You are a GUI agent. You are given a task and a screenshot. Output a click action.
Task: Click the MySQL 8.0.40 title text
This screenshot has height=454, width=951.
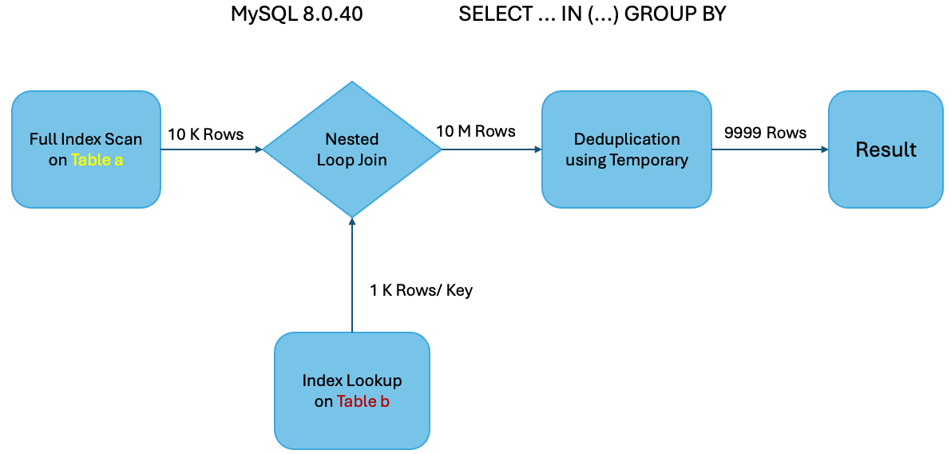pyautogui.click(x=297, y=14)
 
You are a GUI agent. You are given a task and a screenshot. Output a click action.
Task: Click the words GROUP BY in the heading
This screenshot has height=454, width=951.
pyautogui.click(x=675, y=14)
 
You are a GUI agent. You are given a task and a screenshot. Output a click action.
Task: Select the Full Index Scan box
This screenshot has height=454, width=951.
pyautogui.click(x=85, y=149)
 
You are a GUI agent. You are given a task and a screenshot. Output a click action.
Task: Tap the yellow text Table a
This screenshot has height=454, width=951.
pyautogui.click(x=97, y=160)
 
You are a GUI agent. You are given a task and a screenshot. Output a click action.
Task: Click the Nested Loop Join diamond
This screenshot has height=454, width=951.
pyautogui.click(x=351, y=149)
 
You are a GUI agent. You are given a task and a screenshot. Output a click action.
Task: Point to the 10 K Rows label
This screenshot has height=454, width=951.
pyautogui.click(x=205, y=133)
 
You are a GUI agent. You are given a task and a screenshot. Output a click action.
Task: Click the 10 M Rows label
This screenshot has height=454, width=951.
pyautogui.click(x=475, y=131)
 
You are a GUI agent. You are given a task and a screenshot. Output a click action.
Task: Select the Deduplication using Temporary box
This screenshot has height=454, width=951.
pyautogui.click(x=626, y=149)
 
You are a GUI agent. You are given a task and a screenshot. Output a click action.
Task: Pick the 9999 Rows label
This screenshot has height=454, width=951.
pyautogui.click(x=765, y=133)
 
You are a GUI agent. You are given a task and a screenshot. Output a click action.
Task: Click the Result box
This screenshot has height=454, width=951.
pyautogui.click(x=886, y=149)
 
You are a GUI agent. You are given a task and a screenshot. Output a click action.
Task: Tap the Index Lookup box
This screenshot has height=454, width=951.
pyautogui.click(x=351, y=390)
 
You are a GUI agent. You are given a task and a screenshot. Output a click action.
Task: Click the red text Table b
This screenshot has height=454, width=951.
pyautogui.click(x=363, y=401)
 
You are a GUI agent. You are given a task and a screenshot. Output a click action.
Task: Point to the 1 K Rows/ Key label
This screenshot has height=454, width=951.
pyautogui.click(x=421, y=290)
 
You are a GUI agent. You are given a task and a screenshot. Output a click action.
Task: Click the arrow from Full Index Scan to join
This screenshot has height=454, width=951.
pyautogui.click(x=212, y=149)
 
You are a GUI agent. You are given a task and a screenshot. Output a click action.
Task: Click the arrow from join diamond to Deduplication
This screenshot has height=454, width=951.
pyautogui.click(x=490, y=149)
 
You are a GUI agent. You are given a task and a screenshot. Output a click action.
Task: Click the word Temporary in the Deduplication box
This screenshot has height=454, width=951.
pyautogui.click(x=648, y=160)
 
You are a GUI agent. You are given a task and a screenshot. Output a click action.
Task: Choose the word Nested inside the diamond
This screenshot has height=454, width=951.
pyautogui.click(x=351, y=139)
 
